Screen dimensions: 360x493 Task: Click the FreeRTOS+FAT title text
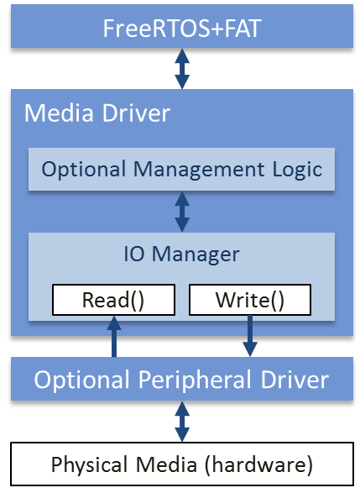[182, 29]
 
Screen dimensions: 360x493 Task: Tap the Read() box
[113, 300]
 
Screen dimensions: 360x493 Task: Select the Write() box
[250, 300]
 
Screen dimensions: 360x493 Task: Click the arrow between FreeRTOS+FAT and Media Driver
[182, 69]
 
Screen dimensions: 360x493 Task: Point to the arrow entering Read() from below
[114, 336]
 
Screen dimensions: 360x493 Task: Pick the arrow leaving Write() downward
[250, 336]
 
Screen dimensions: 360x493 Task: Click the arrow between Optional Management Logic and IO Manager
[182, 212]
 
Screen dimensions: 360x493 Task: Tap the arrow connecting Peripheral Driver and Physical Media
[182, 422]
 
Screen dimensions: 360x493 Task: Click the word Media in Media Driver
[59, 113]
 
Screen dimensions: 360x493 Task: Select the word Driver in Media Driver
[136, 113]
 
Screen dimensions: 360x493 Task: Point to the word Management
[199, 170]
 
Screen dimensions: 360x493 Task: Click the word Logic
[297, 170]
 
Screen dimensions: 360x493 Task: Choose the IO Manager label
[181, 254]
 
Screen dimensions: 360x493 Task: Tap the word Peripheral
[196, 380]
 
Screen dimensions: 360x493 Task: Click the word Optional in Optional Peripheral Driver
[82, 380]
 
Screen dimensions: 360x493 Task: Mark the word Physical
[89, 464]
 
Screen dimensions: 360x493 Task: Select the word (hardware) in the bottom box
[258, 464]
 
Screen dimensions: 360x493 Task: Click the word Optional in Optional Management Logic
[84, 170]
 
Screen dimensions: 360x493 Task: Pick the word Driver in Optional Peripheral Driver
[295, 380]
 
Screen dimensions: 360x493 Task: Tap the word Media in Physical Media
[166, 464]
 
